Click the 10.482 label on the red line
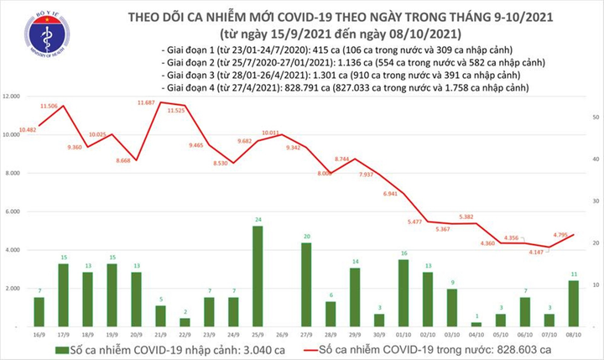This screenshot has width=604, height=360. pyautogui.click(x=24, y=128)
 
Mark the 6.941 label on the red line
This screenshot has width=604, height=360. pyautogui.click(x=390, y=194)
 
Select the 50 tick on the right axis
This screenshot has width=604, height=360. pyautogui.click(x=593, y=117)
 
